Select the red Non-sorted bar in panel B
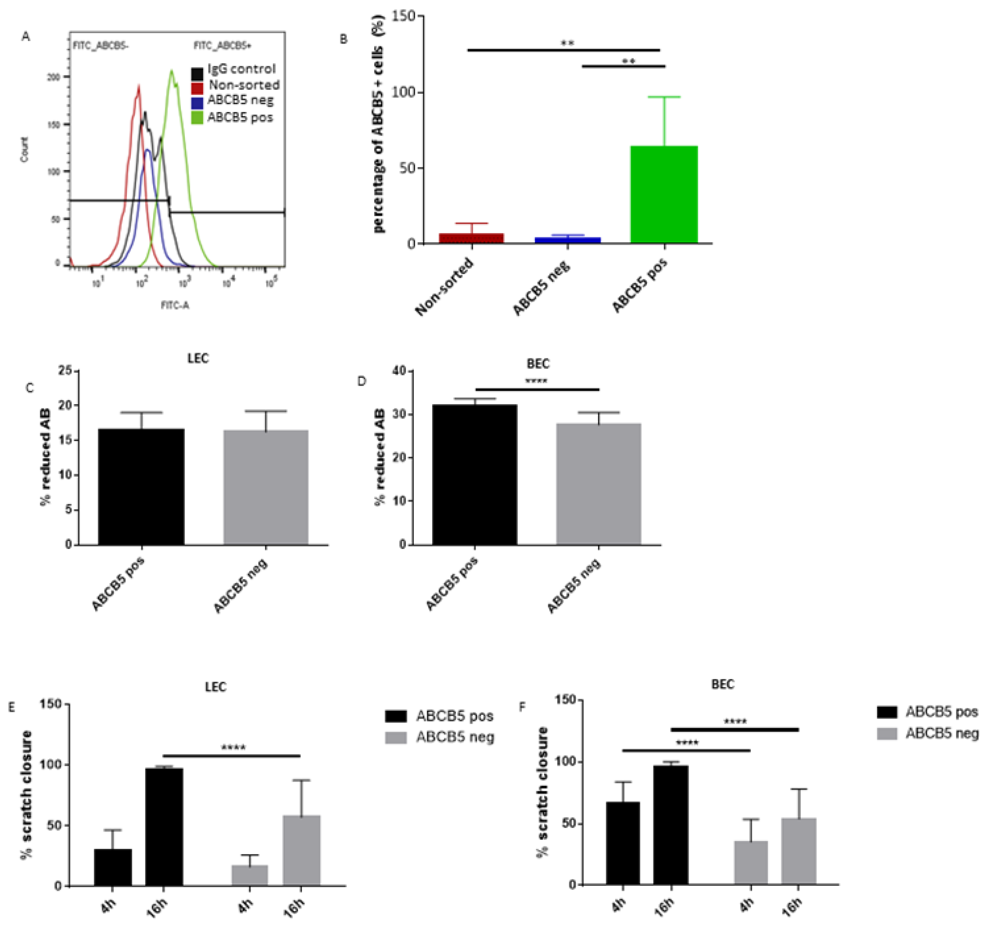pos(471,238)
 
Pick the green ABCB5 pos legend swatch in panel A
pos(197,118)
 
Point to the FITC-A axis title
pos(175,305)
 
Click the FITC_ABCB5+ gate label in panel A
pos(222,46)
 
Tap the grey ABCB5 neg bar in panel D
pos(599,484)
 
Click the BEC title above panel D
pos(538,364)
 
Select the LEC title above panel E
pos(216,687)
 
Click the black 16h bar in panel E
pos(164,827)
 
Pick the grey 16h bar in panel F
pos(799,851)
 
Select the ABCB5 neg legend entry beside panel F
pos(941,733)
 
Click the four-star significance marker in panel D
pos(536,381)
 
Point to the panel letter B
pos(344,39)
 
